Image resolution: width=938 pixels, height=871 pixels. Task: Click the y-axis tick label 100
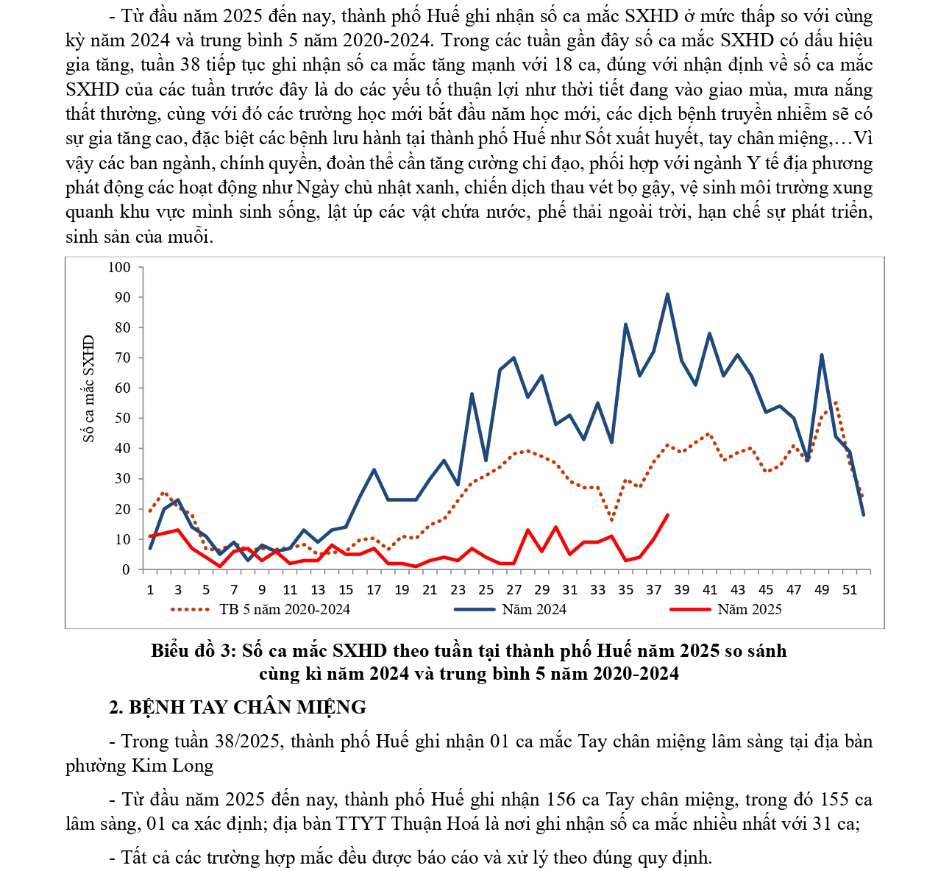coord(119,267)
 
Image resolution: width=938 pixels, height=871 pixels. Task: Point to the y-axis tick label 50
coord(122,418)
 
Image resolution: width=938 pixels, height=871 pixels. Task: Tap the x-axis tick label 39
coord(682,589)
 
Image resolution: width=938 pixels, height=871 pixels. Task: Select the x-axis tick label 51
coord(850,589)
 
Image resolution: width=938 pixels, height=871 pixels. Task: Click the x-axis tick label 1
coord(150,589)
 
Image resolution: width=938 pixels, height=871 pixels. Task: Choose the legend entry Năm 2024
coord(534,609)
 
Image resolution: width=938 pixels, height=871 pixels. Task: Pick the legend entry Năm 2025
coord(749,609)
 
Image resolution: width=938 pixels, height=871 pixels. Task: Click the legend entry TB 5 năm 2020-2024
coord(284,609)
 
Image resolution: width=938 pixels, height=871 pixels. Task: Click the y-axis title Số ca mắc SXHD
coord(89,388)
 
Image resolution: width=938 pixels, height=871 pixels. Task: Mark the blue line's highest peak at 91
coord(667,294)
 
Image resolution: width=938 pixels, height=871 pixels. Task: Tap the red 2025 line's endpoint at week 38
coord(667,515)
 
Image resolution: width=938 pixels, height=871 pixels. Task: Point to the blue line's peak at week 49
coord(821,355)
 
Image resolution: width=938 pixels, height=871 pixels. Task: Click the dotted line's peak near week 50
coord(836,402)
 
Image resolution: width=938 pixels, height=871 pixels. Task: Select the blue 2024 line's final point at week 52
coord(863,514)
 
